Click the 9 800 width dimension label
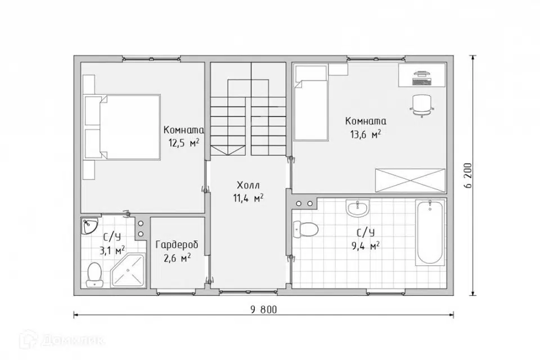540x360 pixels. [264, 310]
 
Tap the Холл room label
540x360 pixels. [248, 185]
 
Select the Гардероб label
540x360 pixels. [177, 245]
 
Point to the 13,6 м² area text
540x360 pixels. [366, 134]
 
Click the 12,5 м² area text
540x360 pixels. [184, 143]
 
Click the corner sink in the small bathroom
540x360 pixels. [89, 226]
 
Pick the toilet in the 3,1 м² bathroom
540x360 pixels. [94, 274]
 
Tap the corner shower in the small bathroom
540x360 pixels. [128, 270]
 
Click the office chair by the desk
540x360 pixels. [422, 106]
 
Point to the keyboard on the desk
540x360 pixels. [422, 82]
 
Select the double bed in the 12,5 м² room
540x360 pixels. [122, 127]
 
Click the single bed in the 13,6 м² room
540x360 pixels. [310, 103]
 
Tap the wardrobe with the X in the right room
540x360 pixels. [410, 180]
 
